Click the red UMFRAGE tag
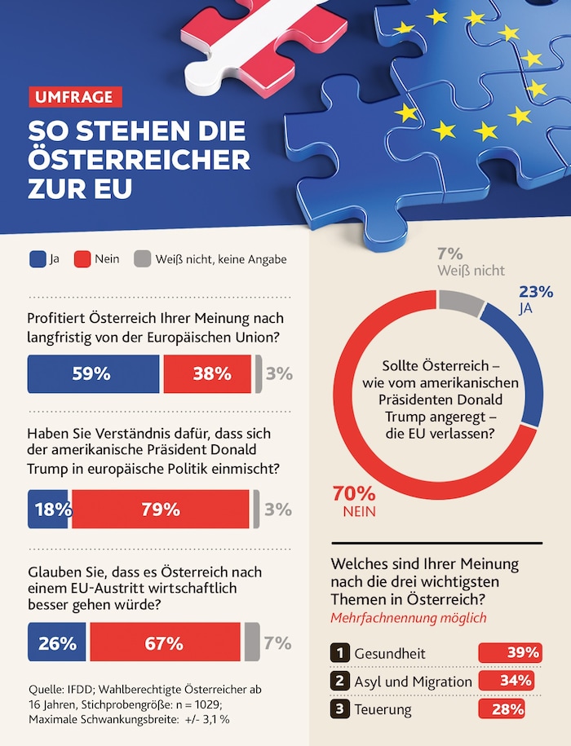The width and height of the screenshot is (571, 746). coord(75,97)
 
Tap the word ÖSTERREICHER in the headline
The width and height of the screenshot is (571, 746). coord(139,160)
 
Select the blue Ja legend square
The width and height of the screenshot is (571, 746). coord(37,259)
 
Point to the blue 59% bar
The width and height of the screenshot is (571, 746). coord(94,374)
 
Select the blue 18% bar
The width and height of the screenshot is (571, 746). coord(49,510)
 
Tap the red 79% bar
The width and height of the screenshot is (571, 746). coord(160,510)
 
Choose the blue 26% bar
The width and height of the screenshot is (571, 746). coord(57,642)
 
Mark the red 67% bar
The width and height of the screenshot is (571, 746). coord(165,642)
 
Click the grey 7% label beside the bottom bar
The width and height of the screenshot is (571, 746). coord(277,642)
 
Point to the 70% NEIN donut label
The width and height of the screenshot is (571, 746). coord(353,501)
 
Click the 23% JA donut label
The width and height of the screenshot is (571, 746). coord(536,299)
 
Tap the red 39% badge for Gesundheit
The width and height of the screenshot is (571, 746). coord(510,653)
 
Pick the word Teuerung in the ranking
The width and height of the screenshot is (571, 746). coord(383,709)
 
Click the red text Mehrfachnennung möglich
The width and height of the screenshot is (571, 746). coord(408,617)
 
